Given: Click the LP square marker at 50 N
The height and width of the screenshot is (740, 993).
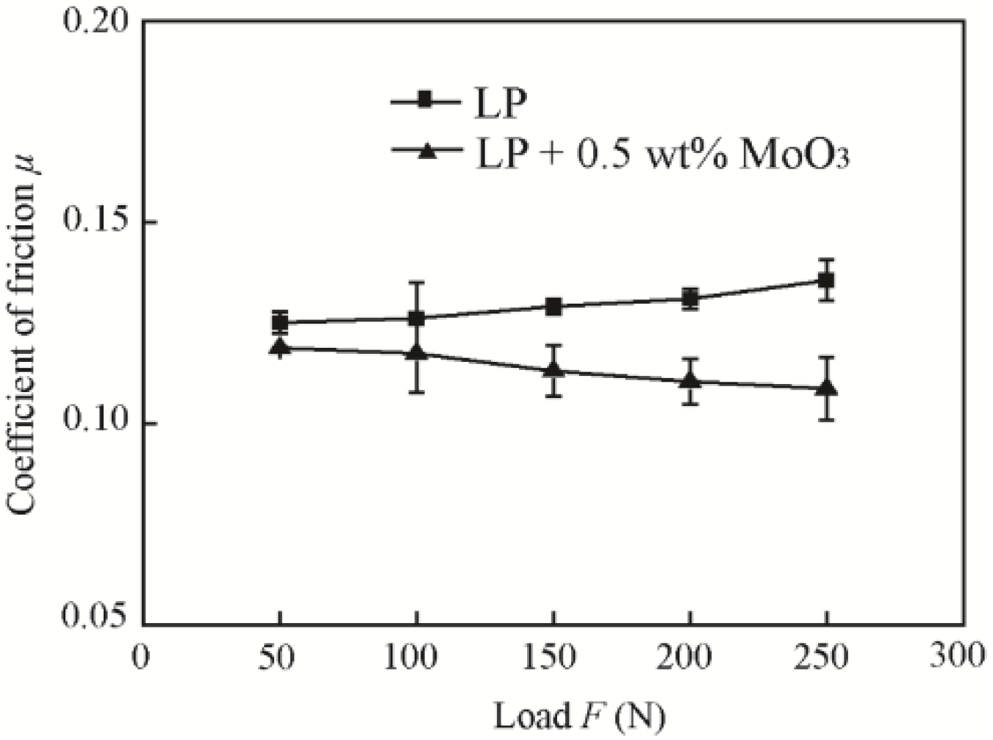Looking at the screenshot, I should tap(279, 322).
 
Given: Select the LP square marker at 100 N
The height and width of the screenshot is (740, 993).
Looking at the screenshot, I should tap(417, 319).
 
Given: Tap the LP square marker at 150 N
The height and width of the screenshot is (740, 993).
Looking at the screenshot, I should tap(553, 307).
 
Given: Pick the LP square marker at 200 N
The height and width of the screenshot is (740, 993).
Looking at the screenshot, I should tap(689, 299).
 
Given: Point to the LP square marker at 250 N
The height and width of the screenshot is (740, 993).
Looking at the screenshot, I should tap(826, 280).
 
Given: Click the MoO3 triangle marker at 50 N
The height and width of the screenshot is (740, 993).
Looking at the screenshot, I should tap(279, 346).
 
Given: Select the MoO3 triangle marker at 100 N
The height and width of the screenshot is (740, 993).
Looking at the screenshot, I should tap(417, 352).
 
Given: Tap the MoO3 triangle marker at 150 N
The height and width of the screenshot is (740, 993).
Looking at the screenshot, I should tap(553, 369).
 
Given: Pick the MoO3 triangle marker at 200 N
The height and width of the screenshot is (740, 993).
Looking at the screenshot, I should tap(689, 380).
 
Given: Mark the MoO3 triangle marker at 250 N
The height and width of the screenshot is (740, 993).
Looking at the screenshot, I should tap(826, 387).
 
